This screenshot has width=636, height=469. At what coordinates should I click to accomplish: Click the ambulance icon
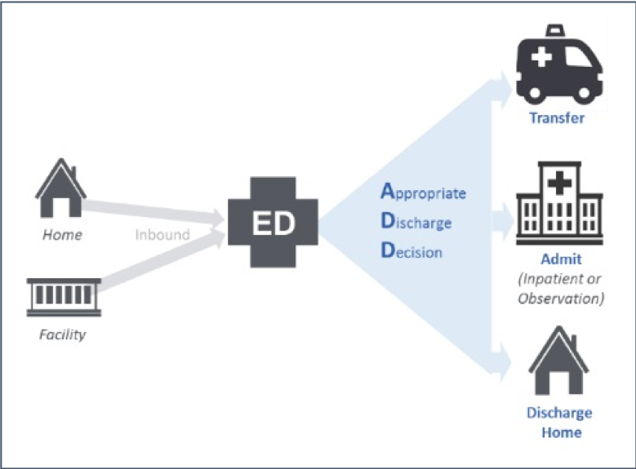[x=558, y=64]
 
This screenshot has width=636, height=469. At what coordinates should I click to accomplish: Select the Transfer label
[x=557, y=117]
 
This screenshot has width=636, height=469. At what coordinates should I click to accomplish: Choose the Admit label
[x=561, y=259]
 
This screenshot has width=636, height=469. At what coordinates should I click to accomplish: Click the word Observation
[x=561, y=299]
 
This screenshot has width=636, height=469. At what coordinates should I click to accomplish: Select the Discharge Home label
[x=558, y=423]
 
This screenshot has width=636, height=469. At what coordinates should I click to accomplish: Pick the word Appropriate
[x=424, y=193]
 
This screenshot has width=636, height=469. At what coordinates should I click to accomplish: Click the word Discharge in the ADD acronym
[x=416, y=222]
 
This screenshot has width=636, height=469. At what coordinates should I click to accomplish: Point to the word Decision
[x=412, y=251]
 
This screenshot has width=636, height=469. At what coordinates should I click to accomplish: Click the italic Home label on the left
[x=62, y=235]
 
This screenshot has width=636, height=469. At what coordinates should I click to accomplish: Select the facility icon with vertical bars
[x=64, y=296]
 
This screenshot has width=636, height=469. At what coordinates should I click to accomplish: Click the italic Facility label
[x=62, y=334]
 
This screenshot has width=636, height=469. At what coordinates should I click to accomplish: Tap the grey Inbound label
[x=162, y=235]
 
